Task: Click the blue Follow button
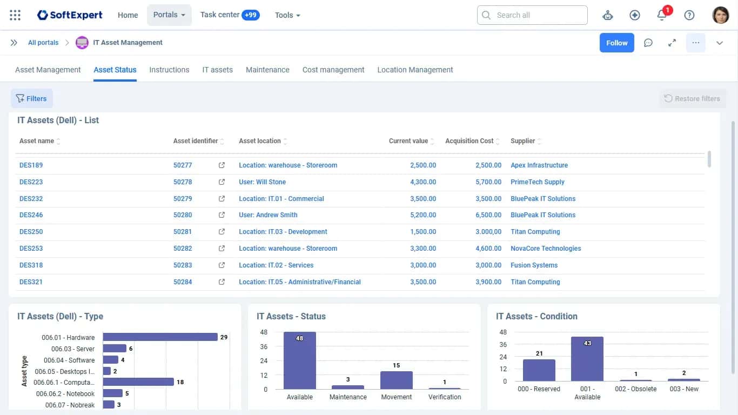point(616,43)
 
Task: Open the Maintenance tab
point(267,70)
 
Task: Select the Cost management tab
point(333,70)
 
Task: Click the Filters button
point(32,98)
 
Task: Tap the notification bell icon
point(661,15)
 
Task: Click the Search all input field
point(532,15)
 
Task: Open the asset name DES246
point(31,215)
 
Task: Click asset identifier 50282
point(183,249)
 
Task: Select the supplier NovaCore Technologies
point(546,249)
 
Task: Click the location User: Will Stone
point(262,182)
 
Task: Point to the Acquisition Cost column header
point(469,141)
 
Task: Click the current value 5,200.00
point(423,215)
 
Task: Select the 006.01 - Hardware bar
point(160,337)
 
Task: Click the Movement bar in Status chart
point(397,380)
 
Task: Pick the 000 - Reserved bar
point(539,370)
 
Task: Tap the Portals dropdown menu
point(169,15)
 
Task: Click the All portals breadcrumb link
point(43,43)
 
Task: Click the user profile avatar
point(720,15)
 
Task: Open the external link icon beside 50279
point(222,198)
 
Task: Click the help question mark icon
point(689,15)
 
